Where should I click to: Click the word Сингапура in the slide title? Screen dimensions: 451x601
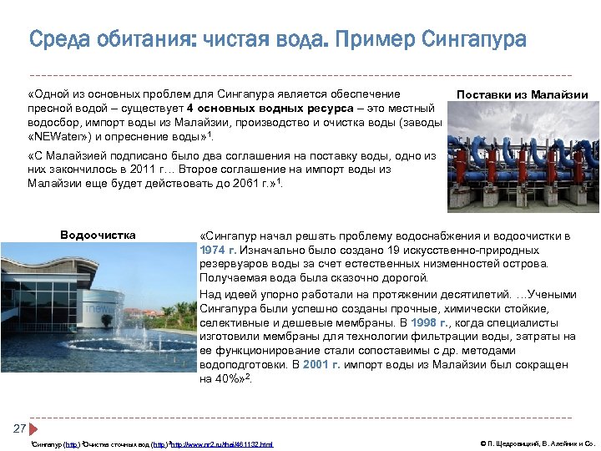(474, 39)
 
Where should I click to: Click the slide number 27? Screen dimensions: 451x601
(19, 428)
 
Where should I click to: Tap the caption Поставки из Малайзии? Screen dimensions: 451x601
(523, 95)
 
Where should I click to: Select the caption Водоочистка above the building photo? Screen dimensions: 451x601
(98, 235)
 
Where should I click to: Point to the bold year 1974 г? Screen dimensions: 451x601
(218, 250)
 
